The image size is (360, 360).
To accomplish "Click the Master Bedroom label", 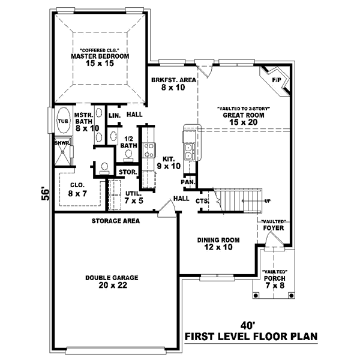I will [100, 57].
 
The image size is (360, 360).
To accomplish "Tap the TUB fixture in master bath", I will [63, 121].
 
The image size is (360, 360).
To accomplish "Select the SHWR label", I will [62, 143].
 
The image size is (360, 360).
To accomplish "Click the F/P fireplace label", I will [277, 79].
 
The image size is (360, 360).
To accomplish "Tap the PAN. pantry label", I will [188, 181].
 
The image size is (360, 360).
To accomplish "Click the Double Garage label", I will [112, 281].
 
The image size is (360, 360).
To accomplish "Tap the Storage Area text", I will [116, 221].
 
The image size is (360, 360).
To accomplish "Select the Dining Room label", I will [218, 243].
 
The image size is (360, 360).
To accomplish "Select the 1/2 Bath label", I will [128, 141].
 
